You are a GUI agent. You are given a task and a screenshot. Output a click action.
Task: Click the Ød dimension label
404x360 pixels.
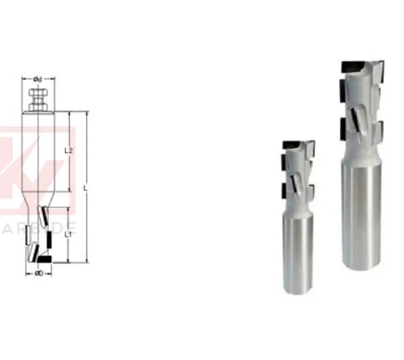37,79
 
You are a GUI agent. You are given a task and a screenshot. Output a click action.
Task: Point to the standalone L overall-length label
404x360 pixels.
85,188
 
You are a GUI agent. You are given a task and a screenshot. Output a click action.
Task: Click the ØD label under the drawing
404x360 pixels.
39,273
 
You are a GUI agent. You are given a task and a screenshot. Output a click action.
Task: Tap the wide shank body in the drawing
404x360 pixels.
38,152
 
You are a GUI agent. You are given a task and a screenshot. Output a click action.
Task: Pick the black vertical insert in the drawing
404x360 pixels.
49,242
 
